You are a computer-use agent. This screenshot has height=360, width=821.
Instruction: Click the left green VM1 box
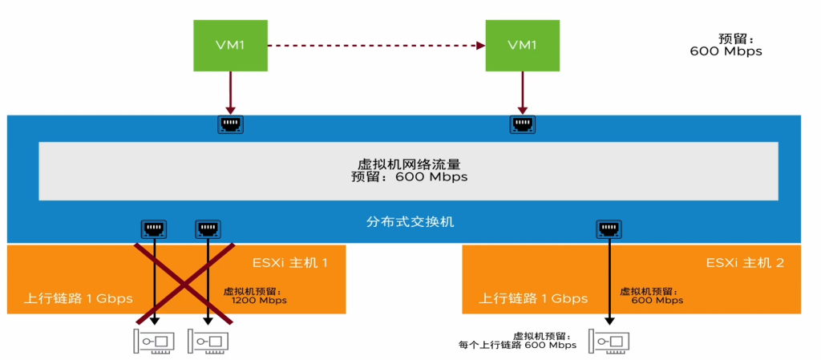point(230,45)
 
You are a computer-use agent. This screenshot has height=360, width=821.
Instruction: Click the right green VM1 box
point(522,45)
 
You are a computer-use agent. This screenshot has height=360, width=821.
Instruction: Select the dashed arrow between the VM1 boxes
point(376,45)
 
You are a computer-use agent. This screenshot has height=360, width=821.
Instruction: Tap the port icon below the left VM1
point(230,124)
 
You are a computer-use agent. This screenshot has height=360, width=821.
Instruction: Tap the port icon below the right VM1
point(522,124)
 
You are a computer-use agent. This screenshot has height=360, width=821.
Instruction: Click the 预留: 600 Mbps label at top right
point(726,45)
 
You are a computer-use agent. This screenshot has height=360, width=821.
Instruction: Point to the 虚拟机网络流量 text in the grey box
point(408,163)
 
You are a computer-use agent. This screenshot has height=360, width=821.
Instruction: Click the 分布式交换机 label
point(408,221)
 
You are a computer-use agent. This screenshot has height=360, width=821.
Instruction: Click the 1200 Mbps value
point(259,301)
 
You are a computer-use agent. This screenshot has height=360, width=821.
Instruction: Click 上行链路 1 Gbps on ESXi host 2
point(533,298)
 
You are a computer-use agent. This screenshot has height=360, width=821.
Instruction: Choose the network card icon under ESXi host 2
point(609,342)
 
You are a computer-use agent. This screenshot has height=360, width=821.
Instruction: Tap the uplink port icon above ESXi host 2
point(609,230)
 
